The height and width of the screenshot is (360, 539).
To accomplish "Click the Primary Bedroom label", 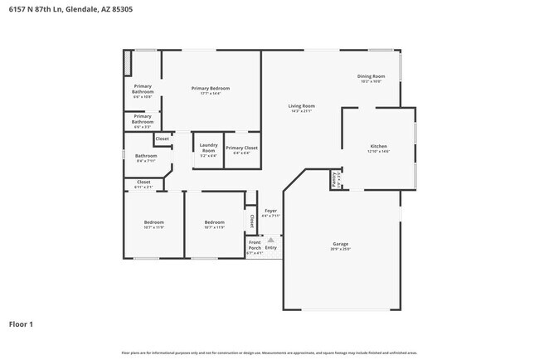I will point(210,89).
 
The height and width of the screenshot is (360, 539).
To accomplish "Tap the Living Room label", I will point(301,106).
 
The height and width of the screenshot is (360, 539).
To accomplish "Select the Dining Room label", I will point(371,77).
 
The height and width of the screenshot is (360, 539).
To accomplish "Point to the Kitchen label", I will point(378,147).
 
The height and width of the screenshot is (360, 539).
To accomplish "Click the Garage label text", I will point(341,244).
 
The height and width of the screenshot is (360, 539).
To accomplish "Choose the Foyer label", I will point(271,212).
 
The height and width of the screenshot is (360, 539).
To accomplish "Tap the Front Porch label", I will point(255,246).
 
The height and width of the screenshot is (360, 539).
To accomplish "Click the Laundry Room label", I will point(208,148).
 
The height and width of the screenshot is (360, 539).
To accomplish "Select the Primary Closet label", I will point(241,148).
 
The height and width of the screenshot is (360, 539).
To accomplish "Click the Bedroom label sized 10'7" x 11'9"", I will point(153,222).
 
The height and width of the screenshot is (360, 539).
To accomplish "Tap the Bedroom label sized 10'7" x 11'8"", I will point(215,222).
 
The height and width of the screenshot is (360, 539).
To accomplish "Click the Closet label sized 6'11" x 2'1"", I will point(143,182).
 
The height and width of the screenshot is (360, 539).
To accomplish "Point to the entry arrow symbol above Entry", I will point(270,240).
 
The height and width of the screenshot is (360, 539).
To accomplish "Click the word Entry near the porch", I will point(271,247).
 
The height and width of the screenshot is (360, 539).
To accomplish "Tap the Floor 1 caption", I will point(21,324).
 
